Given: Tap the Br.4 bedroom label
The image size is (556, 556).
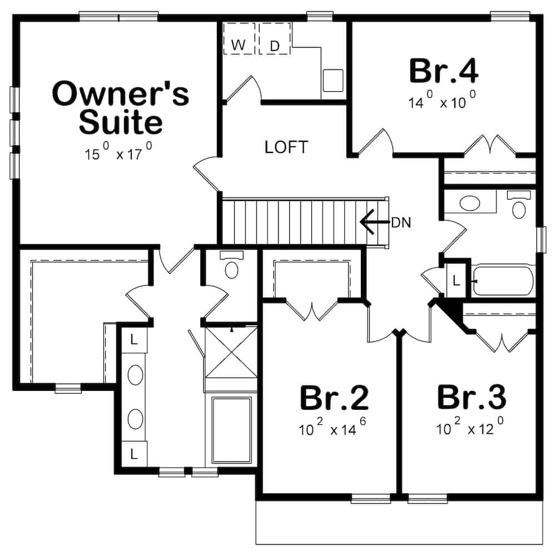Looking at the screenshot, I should point(443,71).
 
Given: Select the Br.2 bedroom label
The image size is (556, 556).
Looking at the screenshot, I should point(334,398).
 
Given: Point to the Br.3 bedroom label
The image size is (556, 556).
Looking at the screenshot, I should point(471,398).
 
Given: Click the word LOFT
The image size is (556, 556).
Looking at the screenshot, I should point(286,147).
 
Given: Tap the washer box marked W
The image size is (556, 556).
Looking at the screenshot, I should point(239,45).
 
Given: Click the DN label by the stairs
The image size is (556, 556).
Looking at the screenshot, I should point(400,223).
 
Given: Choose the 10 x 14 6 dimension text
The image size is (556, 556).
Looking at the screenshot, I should point(334,429).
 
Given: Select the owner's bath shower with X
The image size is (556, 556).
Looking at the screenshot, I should point(231,351).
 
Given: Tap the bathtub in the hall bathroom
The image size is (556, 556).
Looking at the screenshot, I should point(503,281).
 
